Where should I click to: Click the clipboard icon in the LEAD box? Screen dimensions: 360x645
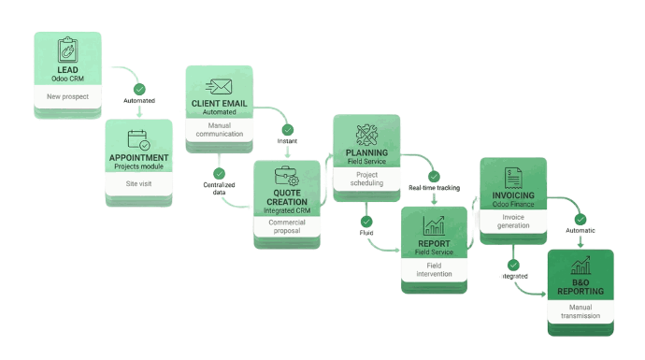tap(66, 50)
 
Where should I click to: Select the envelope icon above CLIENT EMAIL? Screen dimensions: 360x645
tap(219, 86)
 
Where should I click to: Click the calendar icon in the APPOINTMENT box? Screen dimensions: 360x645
tap(138, 139)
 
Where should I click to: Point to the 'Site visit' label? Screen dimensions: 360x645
tap(138, 185)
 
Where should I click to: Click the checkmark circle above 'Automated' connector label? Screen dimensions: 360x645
tap(139, 89)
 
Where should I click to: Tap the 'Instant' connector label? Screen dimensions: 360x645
tap(287, 141)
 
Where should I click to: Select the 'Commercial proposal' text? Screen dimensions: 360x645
tap(286, 227)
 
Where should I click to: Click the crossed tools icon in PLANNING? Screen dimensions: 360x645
tap(366, 134)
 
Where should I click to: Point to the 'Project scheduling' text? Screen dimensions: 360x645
tap(366, 179)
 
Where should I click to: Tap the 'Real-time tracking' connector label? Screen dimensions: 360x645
tap(434, 188)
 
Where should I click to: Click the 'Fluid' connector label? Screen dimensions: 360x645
tap(365, 233)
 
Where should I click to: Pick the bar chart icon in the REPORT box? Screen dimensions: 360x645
tap(433, 224)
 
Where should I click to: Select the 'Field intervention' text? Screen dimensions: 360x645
tap(433, 268)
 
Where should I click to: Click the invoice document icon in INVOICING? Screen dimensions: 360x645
tap(512, 177)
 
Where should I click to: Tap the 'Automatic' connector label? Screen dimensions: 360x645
tap(580, 229)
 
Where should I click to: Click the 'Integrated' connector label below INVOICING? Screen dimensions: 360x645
tap(513, 277)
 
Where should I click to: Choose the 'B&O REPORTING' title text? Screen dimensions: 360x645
tap(580, 286)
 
